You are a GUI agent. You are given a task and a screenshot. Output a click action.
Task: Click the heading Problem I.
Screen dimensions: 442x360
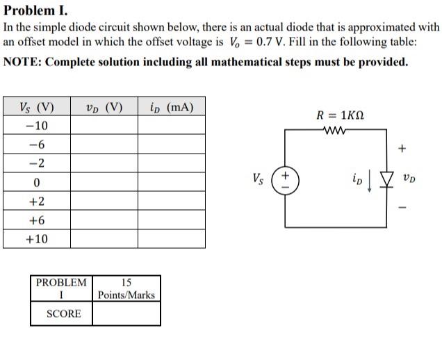pyautogui.click(x=35, y=11)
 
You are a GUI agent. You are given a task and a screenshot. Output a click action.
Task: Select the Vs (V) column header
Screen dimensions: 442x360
pyautogui.click(x=37, y=107)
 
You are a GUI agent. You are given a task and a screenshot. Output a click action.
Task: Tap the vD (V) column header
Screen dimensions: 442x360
pyautogui.click(x=104, y=107)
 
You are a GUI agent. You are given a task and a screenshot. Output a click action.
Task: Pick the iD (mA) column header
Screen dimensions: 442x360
pyautogui.click(x=171, y=107)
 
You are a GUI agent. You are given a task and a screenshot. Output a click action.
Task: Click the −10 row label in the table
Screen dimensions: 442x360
pyautogui.click(x=36, y=126)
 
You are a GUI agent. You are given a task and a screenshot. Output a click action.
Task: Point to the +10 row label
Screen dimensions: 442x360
pyautogui.click(x=36, y=239)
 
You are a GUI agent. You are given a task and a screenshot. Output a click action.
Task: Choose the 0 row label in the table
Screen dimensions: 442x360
pyautogui.click(x=36, y=183)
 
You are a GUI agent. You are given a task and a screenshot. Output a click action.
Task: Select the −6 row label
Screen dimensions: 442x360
pyautogui.click(x=36, y=145)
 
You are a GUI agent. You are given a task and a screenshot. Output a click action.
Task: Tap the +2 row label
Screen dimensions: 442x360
pyautogui.click(x=36, y=202)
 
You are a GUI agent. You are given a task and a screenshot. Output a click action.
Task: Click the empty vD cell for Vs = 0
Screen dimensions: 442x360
pyautogui.click(x=104, y=183)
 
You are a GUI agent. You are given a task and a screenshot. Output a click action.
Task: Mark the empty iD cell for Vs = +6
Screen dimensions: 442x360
pyautogui.click(x=171, y=220)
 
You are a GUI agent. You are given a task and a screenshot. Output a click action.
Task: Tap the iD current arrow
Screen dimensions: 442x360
pyautogui.click(x=369, y=180)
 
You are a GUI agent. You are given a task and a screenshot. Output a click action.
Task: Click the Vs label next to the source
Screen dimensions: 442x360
pyautogui.click(x=259, y=179)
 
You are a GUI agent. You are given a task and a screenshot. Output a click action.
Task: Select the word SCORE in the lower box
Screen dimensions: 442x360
pyautogui.click(x=63, y=314)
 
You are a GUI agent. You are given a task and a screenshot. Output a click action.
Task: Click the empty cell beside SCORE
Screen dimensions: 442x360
pyautogui.click(x=126, y=314)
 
